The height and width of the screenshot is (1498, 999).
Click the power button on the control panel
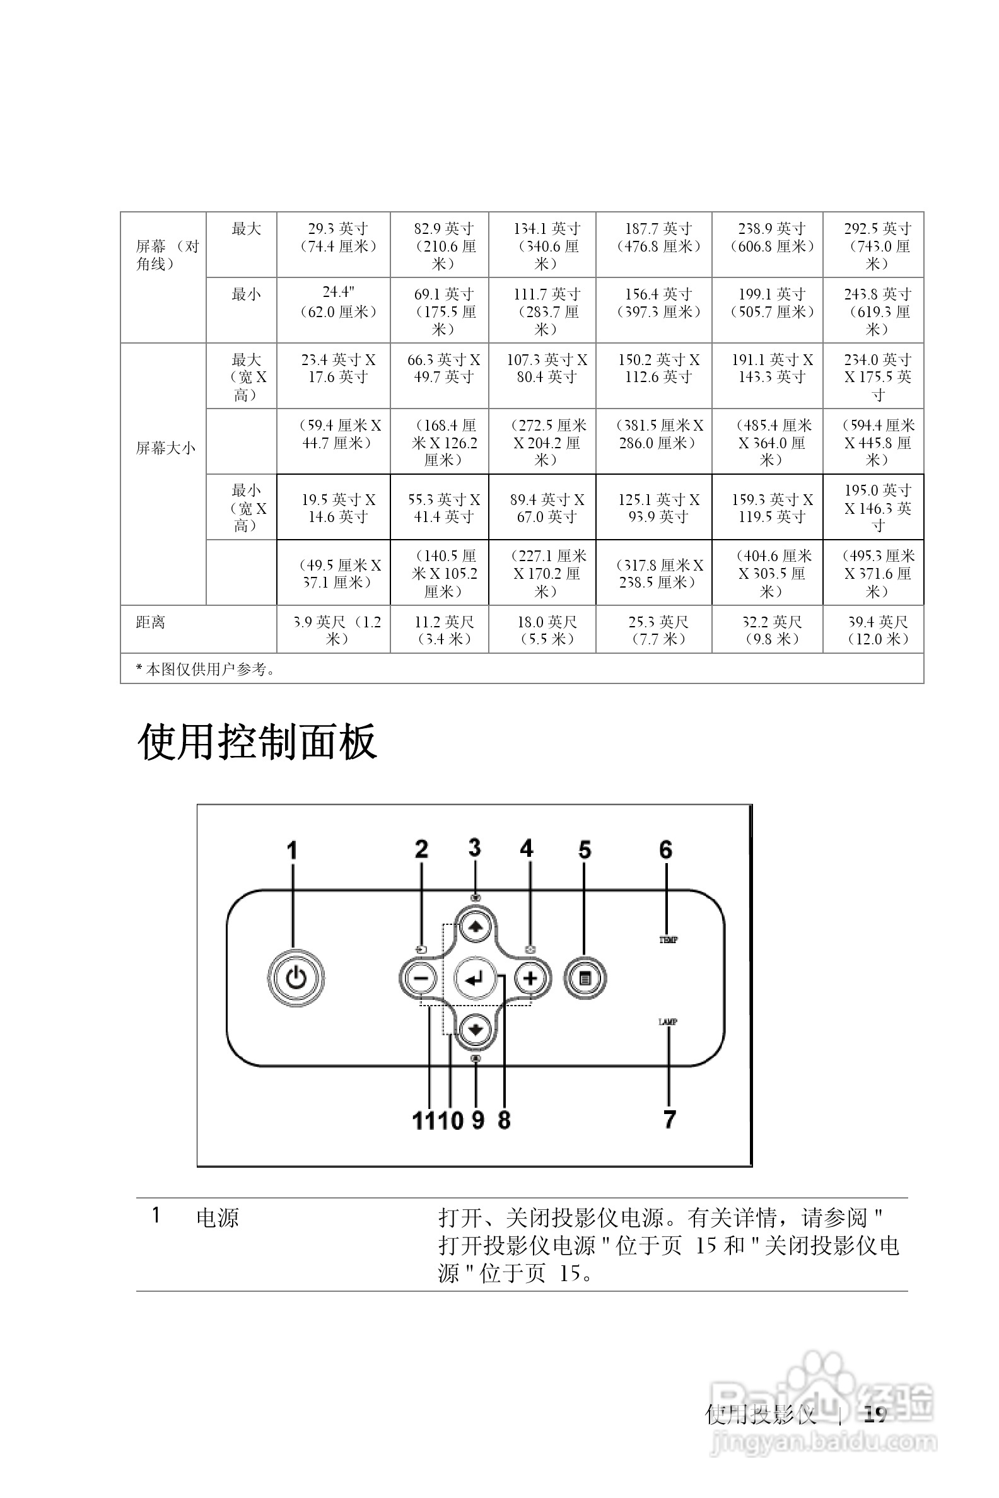[x=296, y=978]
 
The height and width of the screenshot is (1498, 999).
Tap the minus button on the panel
[x=420, y=978]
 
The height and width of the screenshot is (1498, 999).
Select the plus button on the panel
[x=530, y=978]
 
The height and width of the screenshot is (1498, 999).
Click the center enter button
[x=475, y=978]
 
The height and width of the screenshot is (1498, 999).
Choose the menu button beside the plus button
[x=585, y=978]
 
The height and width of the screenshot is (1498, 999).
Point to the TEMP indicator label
[x=668, y=939]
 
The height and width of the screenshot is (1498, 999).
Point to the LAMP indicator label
[x=668, y=1021]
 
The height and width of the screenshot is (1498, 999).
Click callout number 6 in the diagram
[x=666, y=850]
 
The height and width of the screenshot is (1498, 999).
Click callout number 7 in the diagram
[x=669, y=1119]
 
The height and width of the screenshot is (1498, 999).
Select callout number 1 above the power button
[x=292, y=851]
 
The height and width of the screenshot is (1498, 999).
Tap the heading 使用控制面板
[x=257, y=741]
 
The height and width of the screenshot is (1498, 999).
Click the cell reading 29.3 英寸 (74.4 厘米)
[x=337, y=238]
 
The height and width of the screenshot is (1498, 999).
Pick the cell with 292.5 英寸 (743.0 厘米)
[x=877, y=246]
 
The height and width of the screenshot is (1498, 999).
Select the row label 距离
[x=151, y=622]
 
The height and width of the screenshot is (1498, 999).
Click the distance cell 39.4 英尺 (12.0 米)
[x=877, y=630]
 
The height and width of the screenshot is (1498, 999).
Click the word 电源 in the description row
[x=217, y=1218]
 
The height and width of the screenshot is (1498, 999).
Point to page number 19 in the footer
[x=875, y=1414]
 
